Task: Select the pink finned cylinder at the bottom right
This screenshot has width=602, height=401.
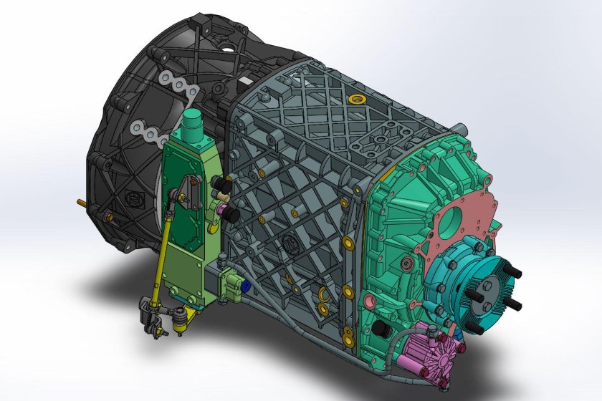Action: (x=429, y=350)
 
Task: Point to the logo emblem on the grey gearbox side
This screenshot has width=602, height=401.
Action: (x=290, y=243)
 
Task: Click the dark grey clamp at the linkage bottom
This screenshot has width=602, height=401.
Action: (x=148, y=315)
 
